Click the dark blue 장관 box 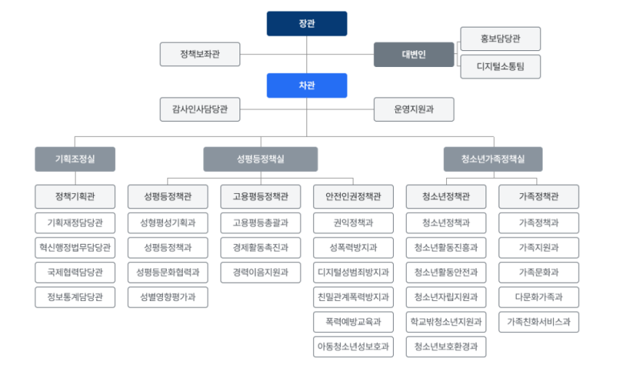point(306,23)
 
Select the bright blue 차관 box point(306,85)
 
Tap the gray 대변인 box point(413,54)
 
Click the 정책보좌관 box point(199,54)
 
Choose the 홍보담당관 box point(500,38)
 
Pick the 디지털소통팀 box point(500,67)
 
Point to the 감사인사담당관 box point(199,110)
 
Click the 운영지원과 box point(413,110)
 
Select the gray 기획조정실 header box point(75,159)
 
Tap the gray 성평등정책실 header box point(260,159)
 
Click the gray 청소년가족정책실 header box point(493,159)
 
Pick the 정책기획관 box point(75,197)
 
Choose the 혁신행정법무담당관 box point(75,247)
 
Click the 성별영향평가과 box point(167,297)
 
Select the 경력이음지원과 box point(260,272)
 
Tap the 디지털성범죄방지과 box point(354,272)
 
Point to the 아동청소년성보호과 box point(354,346)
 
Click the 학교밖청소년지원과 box point(445,321)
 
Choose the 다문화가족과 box point(539,297)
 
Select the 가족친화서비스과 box point(539,321)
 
